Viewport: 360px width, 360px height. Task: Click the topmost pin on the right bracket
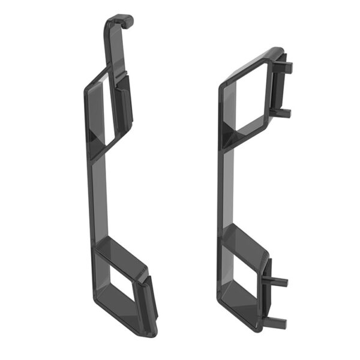click(286, 68)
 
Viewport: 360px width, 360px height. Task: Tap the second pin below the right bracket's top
click(284, 112)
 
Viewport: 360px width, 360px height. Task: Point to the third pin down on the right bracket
click(281, 281)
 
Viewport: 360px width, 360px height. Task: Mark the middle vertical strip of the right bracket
click(228, 192)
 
